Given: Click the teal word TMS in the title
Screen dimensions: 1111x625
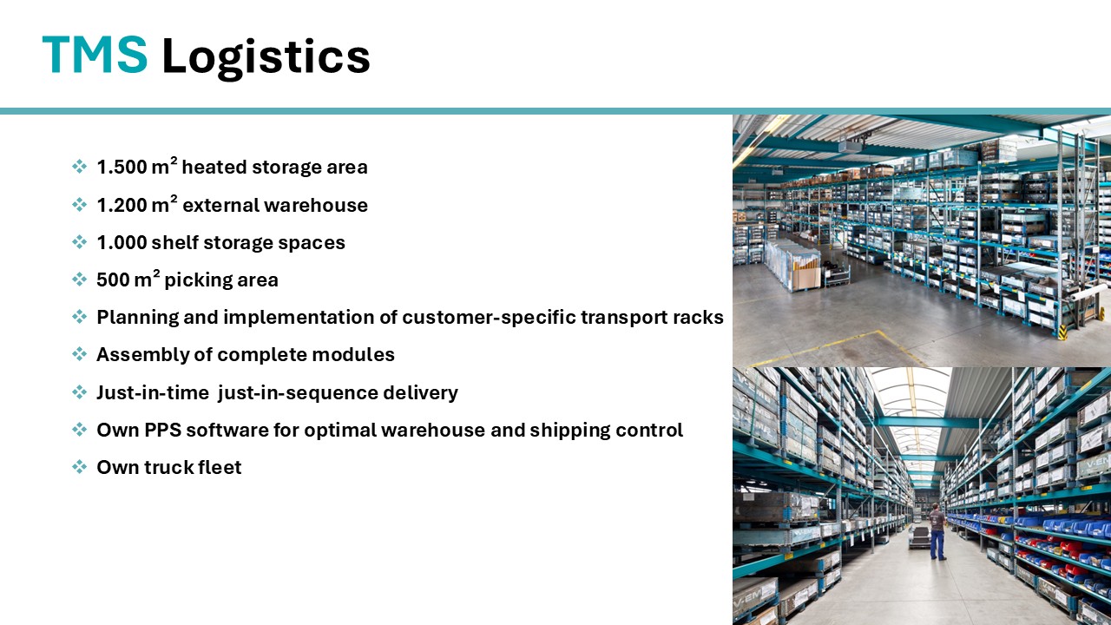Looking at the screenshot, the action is coord(95,55).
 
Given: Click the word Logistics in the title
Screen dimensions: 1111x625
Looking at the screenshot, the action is coord(266,58).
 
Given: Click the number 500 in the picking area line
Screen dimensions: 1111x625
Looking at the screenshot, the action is coord(113,280).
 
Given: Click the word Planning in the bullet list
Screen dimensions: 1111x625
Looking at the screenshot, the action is coord(137,318).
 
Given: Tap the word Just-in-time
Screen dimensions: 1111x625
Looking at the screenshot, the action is coord(153,392).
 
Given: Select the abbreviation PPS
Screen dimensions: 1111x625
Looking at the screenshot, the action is coord(163,430).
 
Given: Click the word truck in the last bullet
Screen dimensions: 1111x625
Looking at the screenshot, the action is coord(168,467).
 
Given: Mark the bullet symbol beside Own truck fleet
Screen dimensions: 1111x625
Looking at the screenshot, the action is coord(79,467).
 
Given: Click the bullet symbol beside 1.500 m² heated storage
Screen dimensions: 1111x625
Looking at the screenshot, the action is coord(79,166).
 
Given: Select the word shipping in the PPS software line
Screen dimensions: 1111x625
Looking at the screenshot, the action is coord(570,431).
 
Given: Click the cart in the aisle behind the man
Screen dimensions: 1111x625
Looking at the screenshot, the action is coord(919,536).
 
